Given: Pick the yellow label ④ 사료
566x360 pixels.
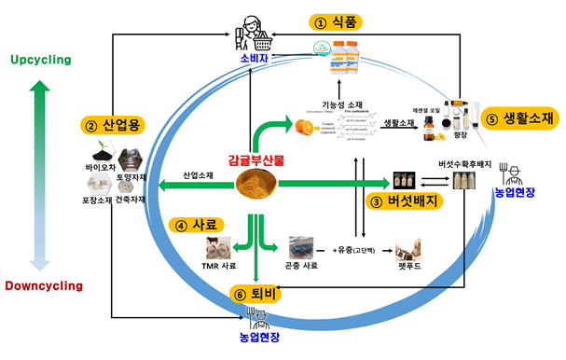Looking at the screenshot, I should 198,225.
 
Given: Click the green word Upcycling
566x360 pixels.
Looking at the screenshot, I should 40,60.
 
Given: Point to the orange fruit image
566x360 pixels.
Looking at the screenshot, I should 306,126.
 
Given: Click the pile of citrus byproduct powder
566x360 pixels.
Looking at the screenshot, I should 260,186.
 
